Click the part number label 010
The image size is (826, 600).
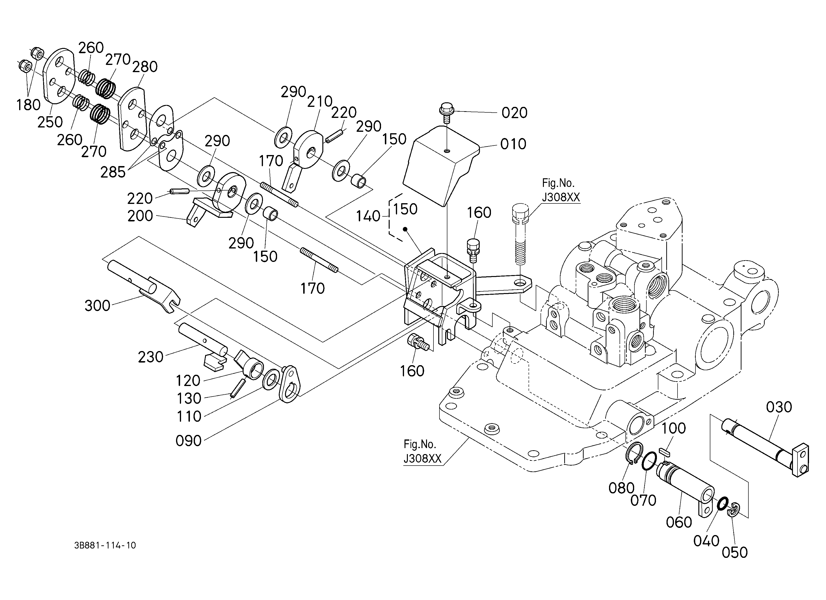[513, 144]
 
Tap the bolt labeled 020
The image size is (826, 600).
[446, 113]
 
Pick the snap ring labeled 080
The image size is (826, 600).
[634, 454]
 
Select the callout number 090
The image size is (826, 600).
[189, 441]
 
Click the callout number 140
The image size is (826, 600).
[368, 216]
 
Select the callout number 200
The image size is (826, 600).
[140, 216]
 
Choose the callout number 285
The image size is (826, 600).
[113, 172]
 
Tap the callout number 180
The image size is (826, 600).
[28, 105]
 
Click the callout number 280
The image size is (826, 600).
[145, 67]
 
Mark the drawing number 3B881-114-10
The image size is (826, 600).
[105, 545]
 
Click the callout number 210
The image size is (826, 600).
[320, 102]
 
